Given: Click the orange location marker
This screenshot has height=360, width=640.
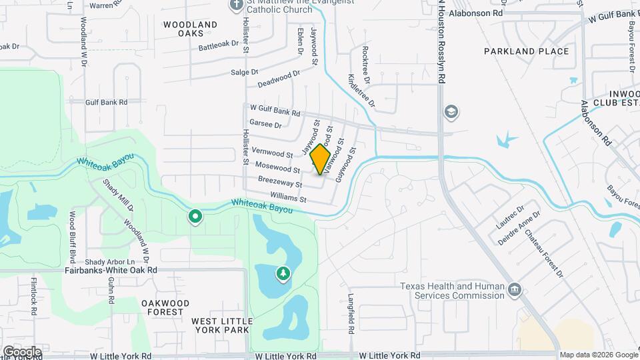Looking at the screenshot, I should tap(321, 159).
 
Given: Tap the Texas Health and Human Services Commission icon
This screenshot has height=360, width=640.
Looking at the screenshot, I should tap(514, 289).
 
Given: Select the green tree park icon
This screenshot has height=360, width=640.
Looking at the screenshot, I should tap(283, 273).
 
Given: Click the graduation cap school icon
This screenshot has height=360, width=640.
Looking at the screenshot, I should tap(451, 111).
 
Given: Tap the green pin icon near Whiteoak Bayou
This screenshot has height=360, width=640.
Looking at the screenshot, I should tap(195, 216).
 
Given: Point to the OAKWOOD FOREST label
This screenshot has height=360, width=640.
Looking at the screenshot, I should tap(161, 307).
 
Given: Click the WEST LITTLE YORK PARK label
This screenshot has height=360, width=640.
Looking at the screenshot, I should tap(222, 325).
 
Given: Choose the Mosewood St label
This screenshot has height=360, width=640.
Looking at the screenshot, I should tap(278, 169).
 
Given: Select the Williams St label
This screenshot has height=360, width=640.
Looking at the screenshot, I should tap(288, 197).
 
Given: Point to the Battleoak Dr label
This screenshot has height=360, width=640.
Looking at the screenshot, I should tap(218, 45).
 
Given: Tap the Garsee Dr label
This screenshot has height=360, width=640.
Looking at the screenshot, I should tap(265, 124).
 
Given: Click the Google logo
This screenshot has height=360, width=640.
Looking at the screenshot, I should tap(22, 352).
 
